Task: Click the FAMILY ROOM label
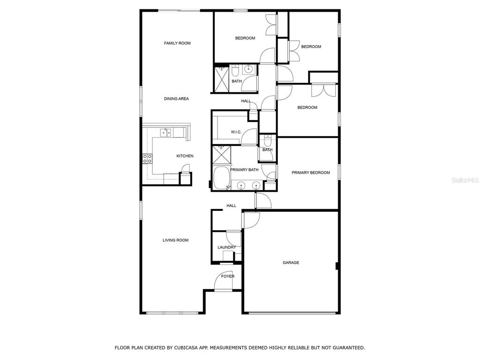[x=177, y=43]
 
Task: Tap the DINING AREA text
[x=176, y=98]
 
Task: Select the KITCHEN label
[x=185, y=156]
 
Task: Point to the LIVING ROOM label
[x=175, y=240]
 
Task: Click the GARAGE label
[x=291, y=262]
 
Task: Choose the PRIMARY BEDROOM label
[x=311, y=172]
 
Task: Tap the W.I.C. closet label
[x=236, y=132]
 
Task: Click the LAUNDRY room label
[x=227, y=247]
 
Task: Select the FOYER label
[x=228, y=276]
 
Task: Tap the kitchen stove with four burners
[x=147, y=158]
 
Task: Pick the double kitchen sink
[x=166, y=133]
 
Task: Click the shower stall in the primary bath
[x=222, y=155]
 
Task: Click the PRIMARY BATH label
[x=244, y=170]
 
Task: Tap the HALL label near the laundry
[x=232, y=205]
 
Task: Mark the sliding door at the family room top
[x=179, y=11]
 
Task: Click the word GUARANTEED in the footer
[x=349, y=347]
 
